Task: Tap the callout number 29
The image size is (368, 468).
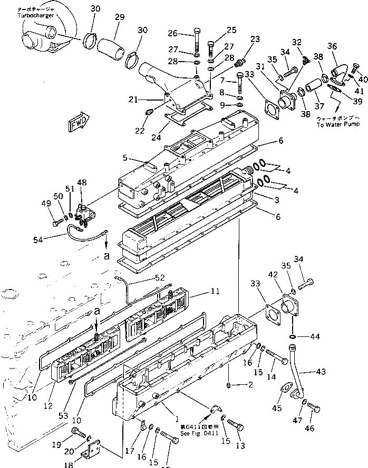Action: pyautogui.click(x=119, y=17)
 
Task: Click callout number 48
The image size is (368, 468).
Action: pyautogui.click(x=82, y=183)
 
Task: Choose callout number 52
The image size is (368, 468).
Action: pyautogui.click(x=160, y=277)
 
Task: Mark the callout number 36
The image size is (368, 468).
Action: pyautogui.click(x=332, y=46)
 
